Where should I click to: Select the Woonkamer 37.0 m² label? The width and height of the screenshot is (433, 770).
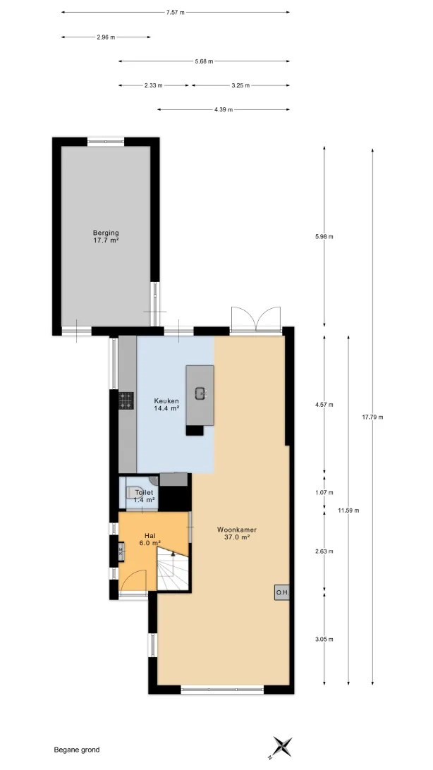[x=237, y=533]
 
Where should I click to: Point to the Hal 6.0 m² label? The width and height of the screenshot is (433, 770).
[x=150, y=539]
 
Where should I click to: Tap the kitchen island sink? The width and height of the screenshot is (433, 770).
[x=200, y=392]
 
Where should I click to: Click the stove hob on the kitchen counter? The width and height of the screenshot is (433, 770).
[x=126, y=401]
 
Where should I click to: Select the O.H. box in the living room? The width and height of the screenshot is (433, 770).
[x=282, y=593]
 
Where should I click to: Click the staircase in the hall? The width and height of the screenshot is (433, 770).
[x=173, y=570]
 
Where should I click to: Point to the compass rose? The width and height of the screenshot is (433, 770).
[x=282, y=747]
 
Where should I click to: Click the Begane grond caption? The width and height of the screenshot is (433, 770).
[x=77, y=750]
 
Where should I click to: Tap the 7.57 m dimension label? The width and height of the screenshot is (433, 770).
[x=176, y=13]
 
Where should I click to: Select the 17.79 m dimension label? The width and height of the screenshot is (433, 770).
[x=372, y=417]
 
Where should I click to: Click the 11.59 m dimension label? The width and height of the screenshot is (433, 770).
[x=348, y=511]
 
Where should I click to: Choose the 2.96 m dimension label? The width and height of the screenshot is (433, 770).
[x=106, y=37]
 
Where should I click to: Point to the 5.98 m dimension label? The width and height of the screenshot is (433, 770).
[x=324, y=237]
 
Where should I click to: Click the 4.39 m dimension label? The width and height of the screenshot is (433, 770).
[x=224, y=109]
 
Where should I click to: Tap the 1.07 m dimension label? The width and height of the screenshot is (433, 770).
[x=324, y=493]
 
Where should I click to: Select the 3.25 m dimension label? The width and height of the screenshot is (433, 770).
[x=240, y=85]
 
